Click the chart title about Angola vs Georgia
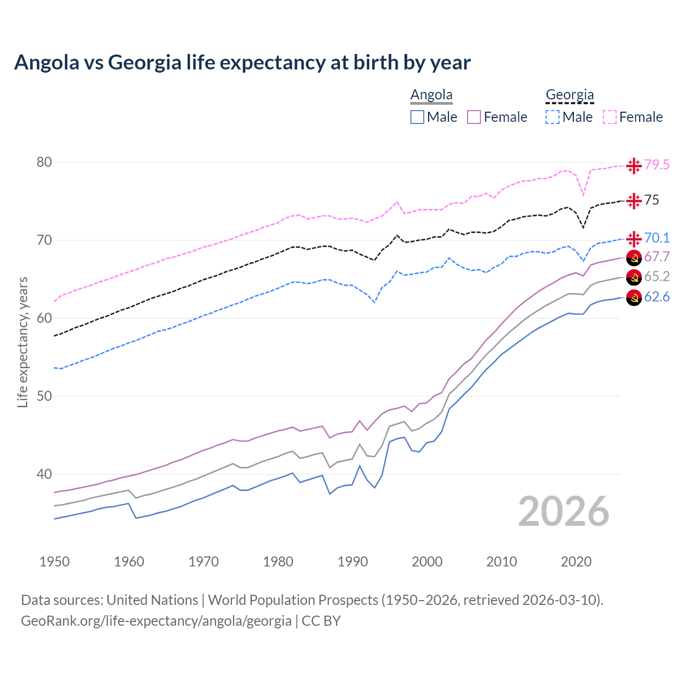242,63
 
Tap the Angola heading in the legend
431,95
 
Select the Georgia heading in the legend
570,95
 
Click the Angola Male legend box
417,117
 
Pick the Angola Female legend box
474,117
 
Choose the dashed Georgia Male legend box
553,117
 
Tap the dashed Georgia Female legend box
610,117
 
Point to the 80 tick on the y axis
44,162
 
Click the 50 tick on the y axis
44,396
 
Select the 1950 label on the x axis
55,562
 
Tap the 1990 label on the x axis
353,562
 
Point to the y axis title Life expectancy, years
22,342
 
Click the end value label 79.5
657,165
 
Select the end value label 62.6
657,297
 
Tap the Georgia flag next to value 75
634,200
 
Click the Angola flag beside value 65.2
634,277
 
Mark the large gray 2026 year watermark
564,511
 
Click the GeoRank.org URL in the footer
156,621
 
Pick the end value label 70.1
657,238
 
